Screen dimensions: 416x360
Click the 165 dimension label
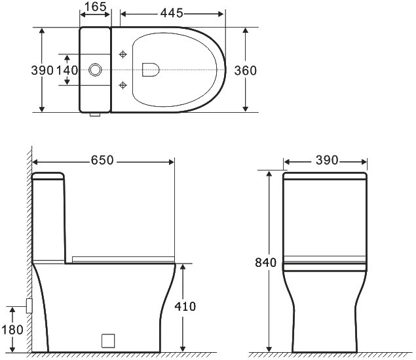[96, 7]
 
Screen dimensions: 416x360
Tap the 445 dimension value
[172, 13]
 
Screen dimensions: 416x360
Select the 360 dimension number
[246, 71]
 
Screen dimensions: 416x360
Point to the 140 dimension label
[67, 70]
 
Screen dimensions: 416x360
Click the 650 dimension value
[102, 160]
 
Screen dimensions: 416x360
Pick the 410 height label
[185, 306]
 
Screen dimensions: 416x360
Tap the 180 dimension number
[12, 330]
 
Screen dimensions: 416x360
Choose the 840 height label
[265, 262]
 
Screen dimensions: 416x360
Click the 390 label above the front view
[327, 160]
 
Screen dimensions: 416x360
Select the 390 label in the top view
[42, 70]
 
